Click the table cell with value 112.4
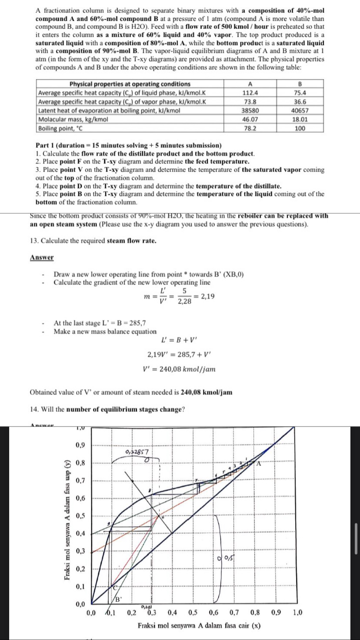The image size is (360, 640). click(x=250, y=93)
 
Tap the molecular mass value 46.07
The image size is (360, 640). click(x=250, y=119)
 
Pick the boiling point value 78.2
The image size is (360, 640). click(x=250, y=128)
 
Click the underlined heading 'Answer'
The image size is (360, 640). click(x=42, y=257)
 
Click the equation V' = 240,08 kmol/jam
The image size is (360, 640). click(x=179, y=369)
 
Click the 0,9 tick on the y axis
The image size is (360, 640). click(x=80, y=445)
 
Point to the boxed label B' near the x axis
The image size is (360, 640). click(x=117, y=600)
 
